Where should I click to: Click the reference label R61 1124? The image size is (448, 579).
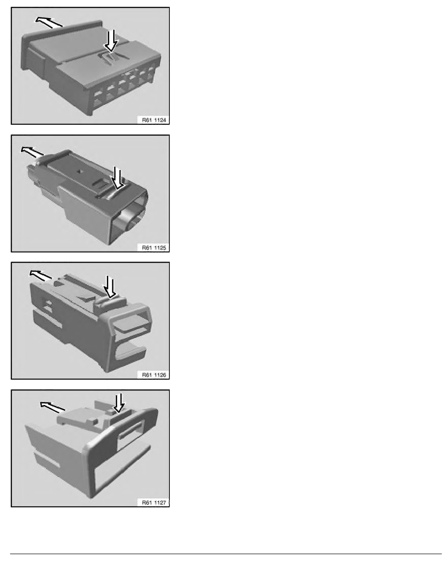154,120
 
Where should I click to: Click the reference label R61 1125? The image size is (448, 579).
154,248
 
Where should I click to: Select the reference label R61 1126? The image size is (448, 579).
154,375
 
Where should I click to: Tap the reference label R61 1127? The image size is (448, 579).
154,502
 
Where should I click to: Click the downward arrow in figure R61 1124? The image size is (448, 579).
111,41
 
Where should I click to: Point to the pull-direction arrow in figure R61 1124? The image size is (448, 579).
49,21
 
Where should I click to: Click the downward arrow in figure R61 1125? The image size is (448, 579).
118,178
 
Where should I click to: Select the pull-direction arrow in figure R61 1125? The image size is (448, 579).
32,151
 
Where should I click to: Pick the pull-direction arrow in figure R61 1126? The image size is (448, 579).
41,275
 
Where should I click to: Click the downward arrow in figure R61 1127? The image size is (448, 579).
119,403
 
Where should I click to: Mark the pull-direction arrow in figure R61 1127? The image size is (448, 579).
53,407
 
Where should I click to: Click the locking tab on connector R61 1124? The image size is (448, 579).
111,58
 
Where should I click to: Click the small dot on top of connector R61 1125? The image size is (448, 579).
79,171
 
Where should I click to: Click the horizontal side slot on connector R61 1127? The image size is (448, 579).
47,460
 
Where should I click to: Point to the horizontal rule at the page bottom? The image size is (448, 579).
226,554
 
